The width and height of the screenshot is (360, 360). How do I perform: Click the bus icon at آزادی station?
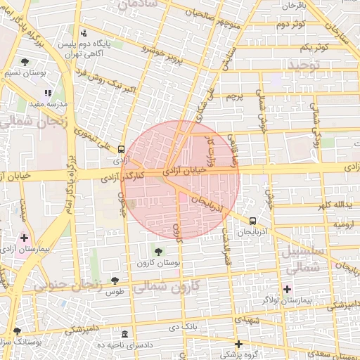[x=122, y=149]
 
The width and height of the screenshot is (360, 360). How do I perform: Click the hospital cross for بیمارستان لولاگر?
[x=287, y=289]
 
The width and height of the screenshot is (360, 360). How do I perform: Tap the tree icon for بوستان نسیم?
[x=25, y=62]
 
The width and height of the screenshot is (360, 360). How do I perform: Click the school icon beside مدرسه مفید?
[x=48, y=93]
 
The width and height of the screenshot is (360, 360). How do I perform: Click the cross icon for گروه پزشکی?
[x=238, y=344]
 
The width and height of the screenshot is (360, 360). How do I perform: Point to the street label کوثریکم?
[x=314, y=47]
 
